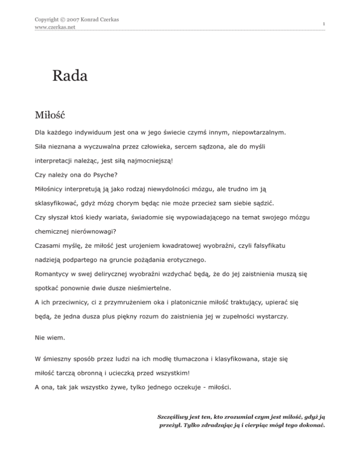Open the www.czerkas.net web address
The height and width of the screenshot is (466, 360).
point(56,27)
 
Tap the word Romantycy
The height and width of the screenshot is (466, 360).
point(54,273)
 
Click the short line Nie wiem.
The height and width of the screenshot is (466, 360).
point(50,337)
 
